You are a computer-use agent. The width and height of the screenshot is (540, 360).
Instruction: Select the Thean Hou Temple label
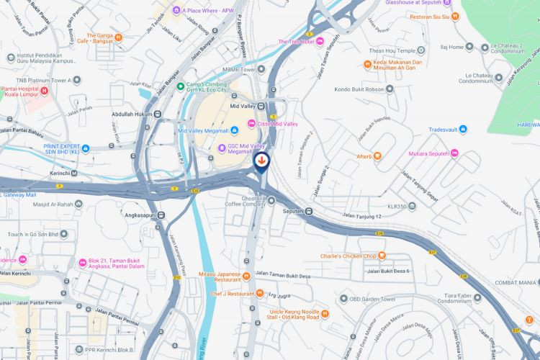[391, 51]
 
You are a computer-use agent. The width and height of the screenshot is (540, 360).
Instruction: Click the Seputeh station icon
[309, 212]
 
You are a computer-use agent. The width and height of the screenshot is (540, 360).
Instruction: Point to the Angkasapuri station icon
[161, 215]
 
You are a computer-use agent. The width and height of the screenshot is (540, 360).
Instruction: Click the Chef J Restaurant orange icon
[259, 294]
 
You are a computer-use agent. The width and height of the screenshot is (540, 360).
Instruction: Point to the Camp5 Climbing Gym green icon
[180, 86]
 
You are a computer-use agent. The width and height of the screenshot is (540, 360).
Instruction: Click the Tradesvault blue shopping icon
[463, 130]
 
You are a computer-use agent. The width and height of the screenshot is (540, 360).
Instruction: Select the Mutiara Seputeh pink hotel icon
[454, 153]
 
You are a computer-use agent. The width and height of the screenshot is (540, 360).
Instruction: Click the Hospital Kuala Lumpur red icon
[45, 91]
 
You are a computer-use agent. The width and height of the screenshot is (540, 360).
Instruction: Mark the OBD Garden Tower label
[374, 299]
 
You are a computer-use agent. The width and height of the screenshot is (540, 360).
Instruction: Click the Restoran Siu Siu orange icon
[456, 16]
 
